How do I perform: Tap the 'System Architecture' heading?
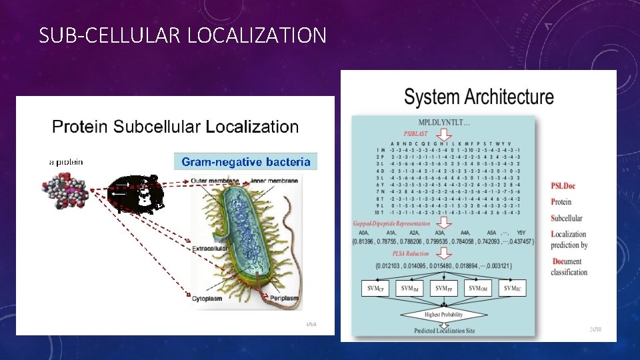point(479,97)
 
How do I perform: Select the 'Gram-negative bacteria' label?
point(246,161)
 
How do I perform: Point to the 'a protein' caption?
point(66,161)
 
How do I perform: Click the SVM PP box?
point(441,289)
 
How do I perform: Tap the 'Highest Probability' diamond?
point(443,315)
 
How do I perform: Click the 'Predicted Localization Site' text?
point(444,330)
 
